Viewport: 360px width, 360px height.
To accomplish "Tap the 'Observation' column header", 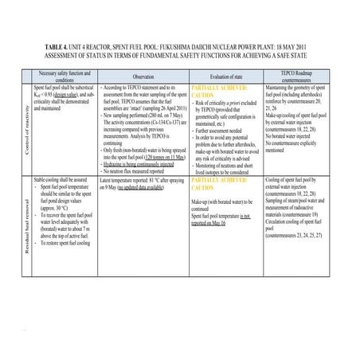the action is point(143,77).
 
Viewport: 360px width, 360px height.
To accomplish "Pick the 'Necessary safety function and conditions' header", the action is point(65,77).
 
